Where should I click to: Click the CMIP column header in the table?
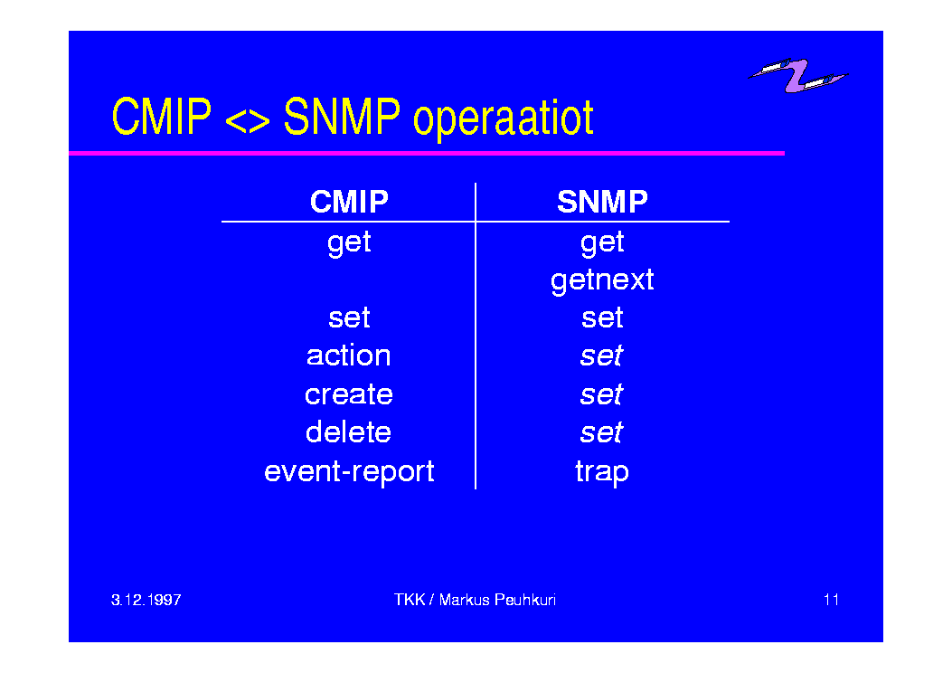tap(349, 202)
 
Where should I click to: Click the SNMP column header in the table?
tap(602, 202)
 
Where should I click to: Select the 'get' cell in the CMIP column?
tap(349, 244)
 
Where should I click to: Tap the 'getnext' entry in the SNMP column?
tap(602, 281)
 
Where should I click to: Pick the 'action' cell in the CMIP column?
tap(348, 355)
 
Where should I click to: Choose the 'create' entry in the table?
tap(348, 394)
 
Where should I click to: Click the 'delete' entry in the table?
tap(348, 431)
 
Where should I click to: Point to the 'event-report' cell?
tap(349, 472)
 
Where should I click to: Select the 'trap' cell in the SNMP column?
tap(602, 472)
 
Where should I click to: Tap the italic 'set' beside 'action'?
tap(601, 355)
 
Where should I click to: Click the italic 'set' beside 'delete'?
tap(601, 432)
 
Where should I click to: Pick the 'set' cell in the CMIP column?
tap(349, 318)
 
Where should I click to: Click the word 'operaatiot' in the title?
tap(504, 118)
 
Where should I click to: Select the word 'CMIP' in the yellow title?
tap(162, 116)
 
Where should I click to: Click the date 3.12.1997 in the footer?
tap(146, 600)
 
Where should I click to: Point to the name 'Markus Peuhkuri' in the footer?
tap(497, 600)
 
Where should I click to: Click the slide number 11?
tap(831, 600)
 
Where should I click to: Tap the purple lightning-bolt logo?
tap(797, 75)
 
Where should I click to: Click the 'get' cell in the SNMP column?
tap(602, 244)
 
